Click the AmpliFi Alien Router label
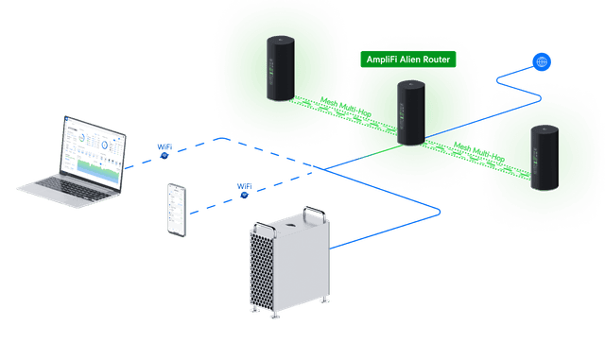409,60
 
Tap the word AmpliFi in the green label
384,60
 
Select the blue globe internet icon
542,62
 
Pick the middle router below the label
411,112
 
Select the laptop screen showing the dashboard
94,151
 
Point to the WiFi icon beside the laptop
164,148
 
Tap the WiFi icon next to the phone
245,189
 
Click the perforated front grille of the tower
264,269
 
